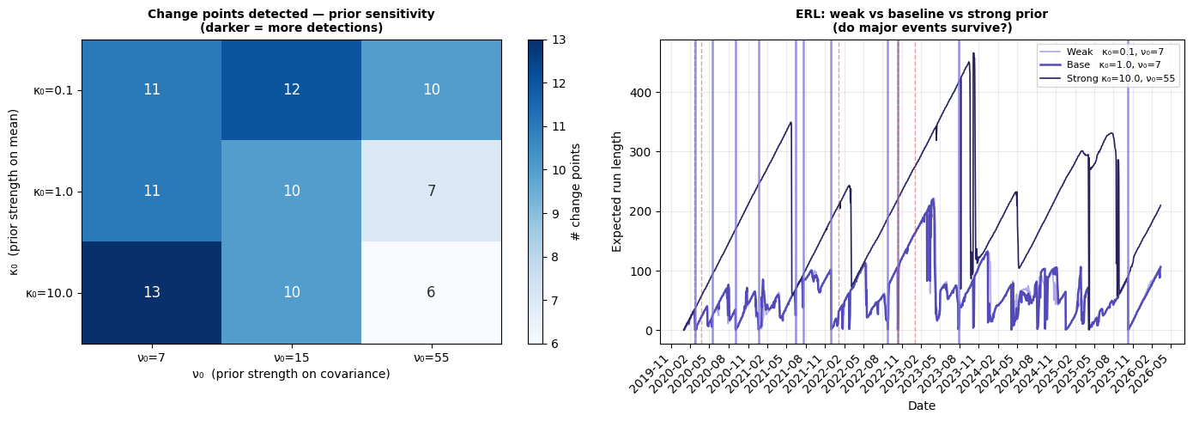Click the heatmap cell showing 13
point(152,292)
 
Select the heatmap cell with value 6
point(431,292)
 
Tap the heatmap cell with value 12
point(292,89)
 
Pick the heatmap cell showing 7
point(431,191)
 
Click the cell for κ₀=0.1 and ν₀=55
point(431,89)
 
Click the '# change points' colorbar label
point(577,192)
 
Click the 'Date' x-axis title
point(921,406)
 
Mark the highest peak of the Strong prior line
point(973,53)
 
